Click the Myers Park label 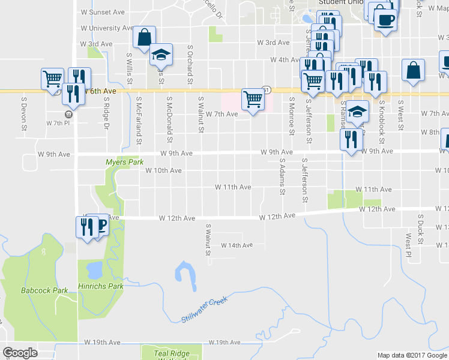(x=124, y=162)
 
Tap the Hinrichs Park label (x=100, y=287)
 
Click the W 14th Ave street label (x=237, y=245)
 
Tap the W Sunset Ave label (x=102, y=12)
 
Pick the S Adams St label (x=281, y=176)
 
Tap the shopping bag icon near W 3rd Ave (x=144, y=37)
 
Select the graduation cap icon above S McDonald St (x=160, y=55)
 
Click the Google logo (x=20, y=353)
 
